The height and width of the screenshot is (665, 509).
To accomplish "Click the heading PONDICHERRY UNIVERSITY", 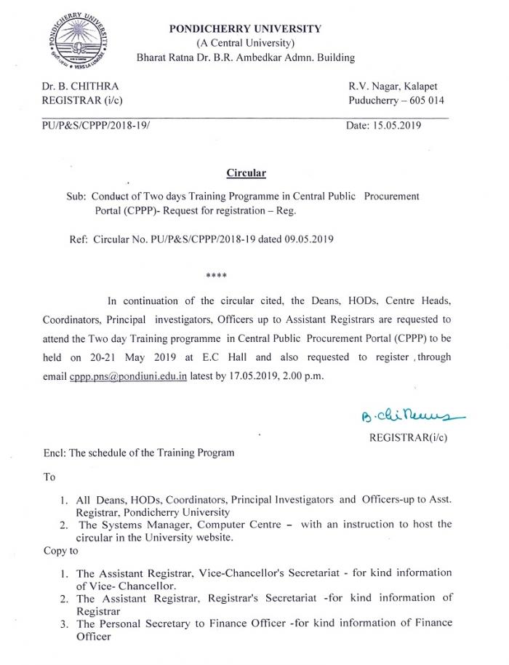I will [245, 28].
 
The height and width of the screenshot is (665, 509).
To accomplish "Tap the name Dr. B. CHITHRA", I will [80, 87].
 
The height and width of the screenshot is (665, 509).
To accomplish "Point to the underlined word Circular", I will [246, 173].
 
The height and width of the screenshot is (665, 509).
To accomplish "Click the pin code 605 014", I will [425, 101].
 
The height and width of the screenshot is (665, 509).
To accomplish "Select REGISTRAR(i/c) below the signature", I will [408, 437].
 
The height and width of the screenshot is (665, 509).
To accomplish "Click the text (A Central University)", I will [245, 43].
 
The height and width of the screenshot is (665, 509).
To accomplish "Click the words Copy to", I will [60, 550].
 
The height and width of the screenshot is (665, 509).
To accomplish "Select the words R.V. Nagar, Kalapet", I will [396, 87].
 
